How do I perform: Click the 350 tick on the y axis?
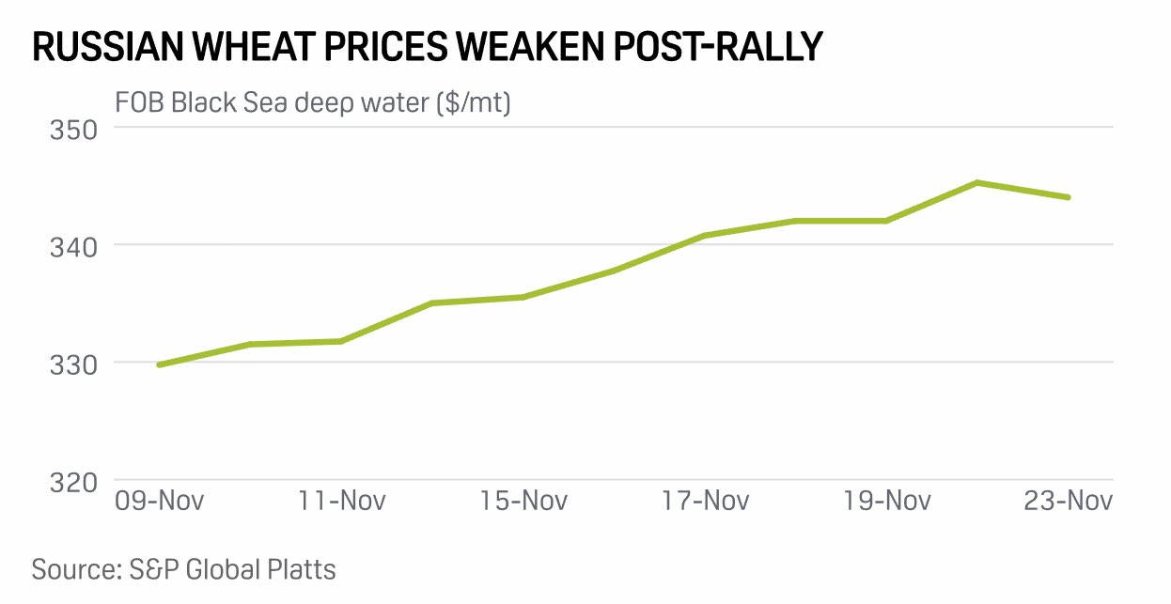pyautogui.click(x=73, y=129)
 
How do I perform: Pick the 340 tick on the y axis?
pyautogui.click(x=73, y=246)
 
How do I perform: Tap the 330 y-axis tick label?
pyautogui.click(x=73, y=364)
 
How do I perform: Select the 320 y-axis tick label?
pyautogui.click(x=73, y=481)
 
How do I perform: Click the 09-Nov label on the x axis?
pyautogui.click(x=159, y=500)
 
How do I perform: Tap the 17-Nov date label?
pyautogui.click(x=704, y=500)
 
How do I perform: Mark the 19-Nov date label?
pyautogui.click(x=886, y=500)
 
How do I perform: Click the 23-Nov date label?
pyautogui.click(x=1068, y=500)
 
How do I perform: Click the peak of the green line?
pyautogui.click(x=977, y=182)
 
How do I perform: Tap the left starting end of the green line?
pyautogui.click(x=159, y=364)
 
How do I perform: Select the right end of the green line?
pyautogui.click(x=1068, y=197)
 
